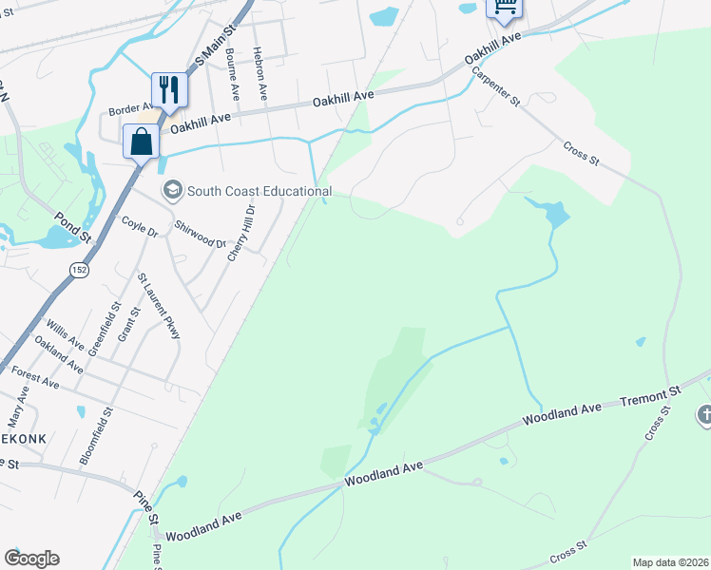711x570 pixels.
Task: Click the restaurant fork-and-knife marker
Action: (x=169, y=90)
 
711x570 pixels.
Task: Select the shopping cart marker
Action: (x=505, y=8)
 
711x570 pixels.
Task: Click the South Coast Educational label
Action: (x=259, y=191)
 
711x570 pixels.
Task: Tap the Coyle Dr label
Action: (x=138, y=225)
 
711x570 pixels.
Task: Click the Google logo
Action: (x=31, y=559)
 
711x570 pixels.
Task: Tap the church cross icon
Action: (x=704, y=414)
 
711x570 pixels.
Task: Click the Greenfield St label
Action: (x=104, y=329)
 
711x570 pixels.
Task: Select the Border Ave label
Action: (x=131, y=108)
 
